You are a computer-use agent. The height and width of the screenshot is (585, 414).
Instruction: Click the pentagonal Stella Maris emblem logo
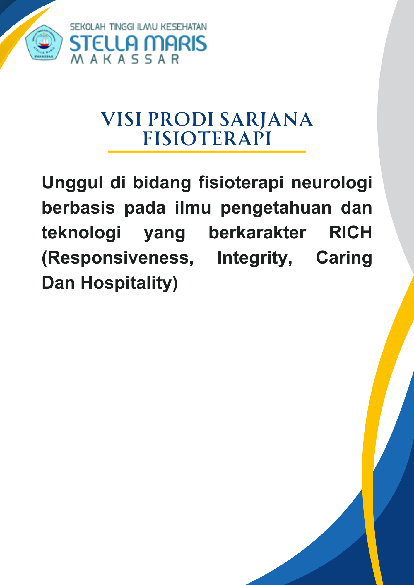click(44, 42)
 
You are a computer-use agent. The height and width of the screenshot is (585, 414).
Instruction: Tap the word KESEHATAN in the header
click(184, 27)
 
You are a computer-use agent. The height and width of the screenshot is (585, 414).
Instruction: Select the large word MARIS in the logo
click(175, 44)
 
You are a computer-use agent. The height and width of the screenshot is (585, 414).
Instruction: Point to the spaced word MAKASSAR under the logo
click(125, 59)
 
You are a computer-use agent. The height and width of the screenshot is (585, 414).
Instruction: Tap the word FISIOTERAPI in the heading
click(207, 138)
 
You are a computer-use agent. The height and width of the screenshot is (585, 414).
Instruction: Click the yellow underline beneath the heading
click(207, 152)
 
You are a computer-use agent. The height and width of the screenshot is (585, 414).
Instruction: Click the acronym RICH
click(350, 233)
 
